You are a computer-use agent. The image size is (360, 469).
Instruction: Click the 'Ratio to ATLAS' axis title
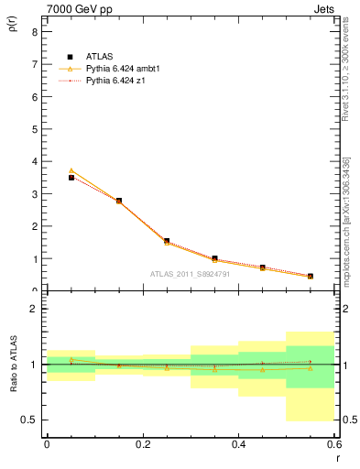tap(12, 365)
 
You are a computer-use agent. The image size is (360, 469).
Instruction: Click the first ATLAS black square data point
tap(71, 178)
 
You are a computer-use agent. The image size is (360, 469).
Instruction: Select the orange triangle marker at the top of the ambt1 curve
tap(71, 170)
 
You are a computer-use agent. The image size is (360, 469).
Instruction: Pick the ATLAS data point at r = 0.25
tap(167, 241)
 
